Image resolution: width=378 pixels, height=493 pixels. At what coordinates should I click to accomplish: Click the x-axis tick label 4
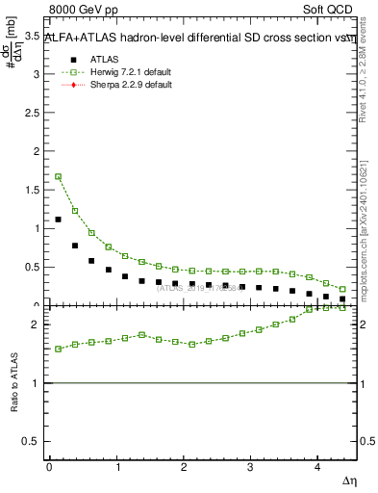pos(317,467)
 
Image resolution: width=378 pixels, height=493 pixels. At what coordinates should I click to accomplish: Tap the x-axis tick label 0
pos(49,467)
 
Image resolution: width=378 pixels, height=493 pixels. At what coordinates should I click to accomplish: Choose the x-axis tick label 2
pos(184,467)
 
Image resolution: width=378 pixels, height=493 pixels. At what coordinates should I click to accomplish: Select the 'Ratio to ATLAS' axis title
pos(13,383)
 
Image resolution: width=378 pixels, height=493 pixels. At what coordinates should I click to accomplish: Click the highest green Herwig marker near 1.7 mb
pos(58,176)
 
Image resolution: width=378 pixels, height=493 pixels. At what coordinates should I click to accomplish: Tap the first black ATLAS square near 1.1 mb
pos(58,220)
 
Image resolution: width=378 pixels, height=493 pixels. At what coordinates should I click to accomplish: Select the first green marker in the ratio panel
pos(58,349)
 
